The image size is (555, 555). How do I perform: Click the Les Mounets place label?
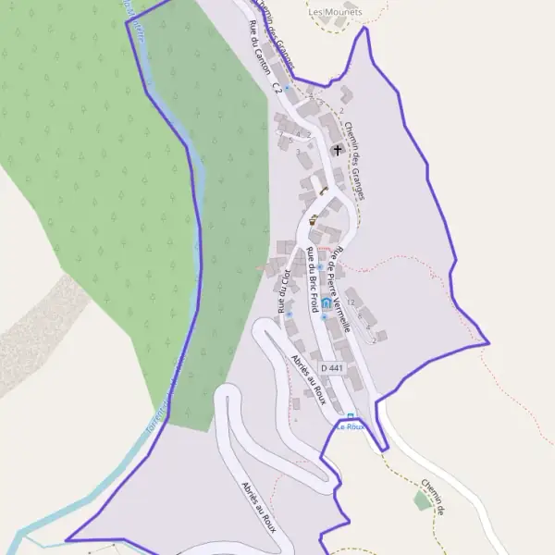coord(334,12)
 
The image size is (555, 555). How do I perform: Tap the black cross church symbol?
coord(337,149)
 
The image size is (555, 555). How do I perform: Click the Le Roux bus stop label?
coord(350,426)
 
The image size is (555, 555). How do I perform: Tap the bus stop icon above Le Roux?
coord(351,415)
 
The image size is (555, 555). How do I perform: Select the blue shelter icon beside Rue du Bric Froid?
coord(326,303)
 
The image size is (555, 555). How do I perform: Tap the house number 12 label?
coord(351,302)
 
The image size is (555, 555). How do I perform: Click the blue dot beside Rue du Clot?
coord(289,314)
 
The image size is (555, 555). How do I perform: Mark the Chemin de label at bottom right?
coord(435,497)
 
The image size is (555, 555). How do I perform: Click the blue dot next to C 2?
coord(288,88)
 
